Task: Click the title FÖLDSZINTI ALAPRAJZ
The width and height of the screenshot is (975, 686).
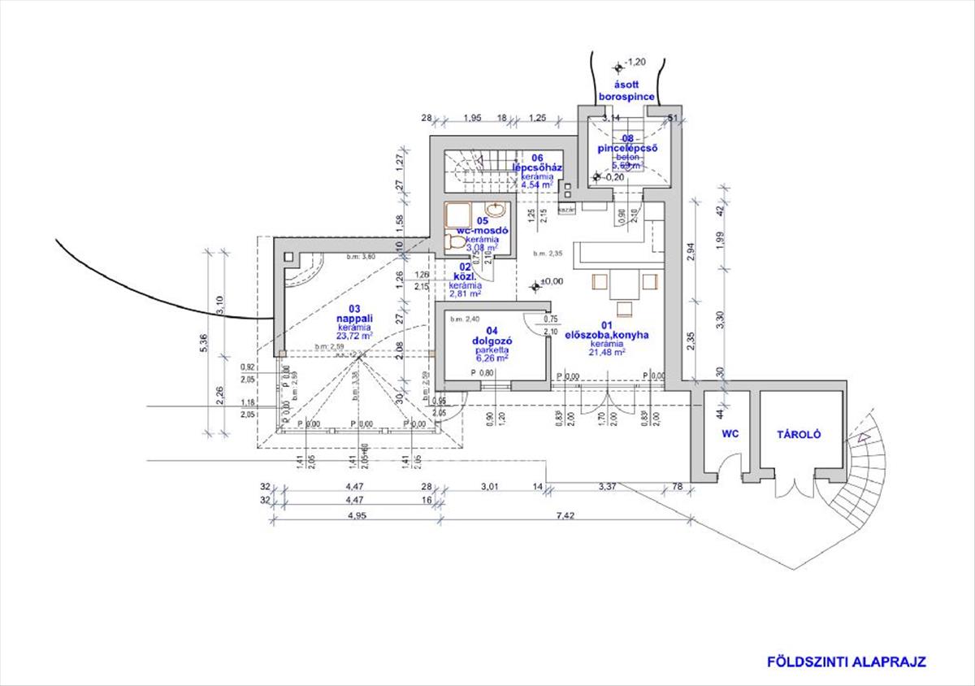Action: tap(847, 662)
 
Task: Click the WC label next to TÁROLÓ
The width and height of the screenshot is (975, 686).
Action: tap(730, 435)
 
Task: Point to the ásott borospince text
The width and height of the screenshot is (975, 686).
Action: tap(626, 90)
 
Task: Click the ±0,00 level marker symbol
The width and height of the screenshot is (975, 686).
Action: tap(535, 285)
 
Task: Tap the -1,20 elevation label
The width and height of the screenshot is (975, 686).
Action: tap(635, 62)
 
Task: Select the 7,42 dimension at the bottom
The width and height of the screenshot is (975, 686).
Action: tap(564, 516)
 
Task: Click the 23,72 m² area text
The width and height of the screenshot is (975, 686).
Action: tap(356, 335)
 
